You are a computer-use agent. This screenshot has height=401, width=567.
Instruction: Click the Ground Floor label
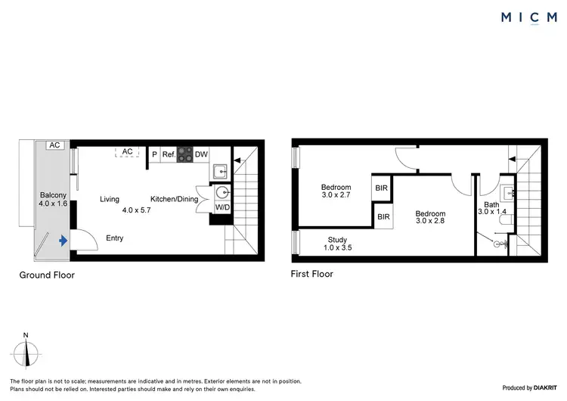[47, 275]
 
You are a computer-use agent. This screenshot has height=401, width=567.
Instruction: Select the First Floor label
[312, 274]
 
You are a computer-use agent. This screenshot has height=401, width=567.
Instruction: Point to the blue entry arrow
[63, 240]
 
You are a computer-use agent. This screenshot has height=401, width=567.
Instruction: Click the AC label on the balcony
[54, 145]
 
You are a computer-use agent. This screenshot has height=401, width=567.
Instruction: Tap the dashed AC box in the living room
[128, 152]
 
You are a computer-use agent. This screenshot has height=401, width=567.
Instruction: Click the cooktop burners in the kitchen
[184, 154]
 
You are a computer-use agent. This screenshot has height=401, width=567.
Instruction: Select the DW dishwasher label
[201, 154]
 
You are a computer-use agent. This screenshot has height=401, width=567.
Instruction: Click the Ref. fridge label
[169, 154]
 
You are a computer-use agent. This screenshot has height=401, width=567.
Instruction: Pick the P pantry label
[154, 154]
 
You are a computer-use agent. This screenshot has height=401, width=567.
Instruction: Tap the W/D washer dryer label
[222, 206]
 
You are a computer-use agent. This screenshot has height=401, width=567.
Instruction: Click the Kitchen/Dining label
[173, 199]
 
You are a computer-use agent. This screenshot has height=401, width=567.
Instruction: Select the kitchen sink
[221, 169]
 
